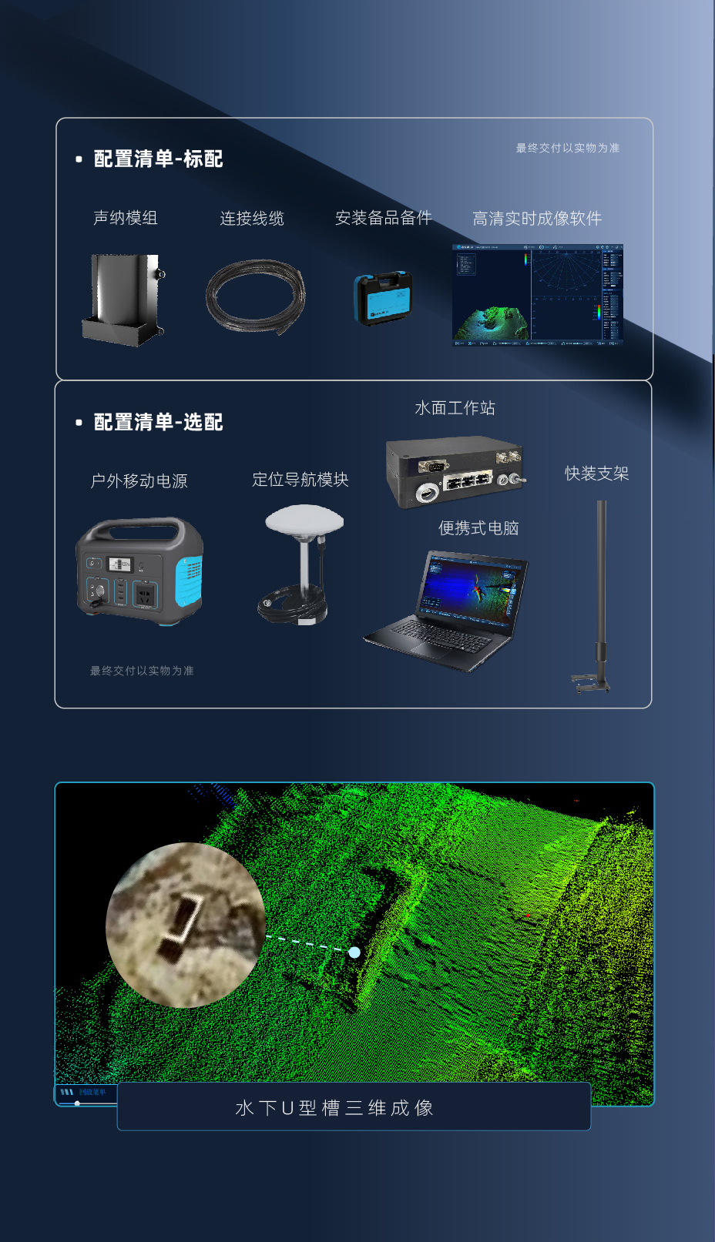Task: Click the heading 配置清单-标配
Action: pyautogui.click(x=158, y=159)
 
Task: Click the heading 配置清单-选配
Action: pyautogui.click(x=158, y=422)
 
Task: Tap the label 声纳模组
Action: pyautogui.click(x=125, y=218)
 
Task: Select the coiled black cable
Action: pyautogui.click(x=255, y=297)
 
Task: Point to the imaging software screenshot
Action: pyautogui.click(x=537, y=295)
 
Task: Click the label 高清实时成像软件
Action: pyautogui.click(x=536, y=219)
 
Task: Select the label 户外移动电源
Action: pyautogui.click(x=139, y=481)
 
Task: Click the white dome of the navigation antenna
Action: pyautogui.click(x=304, y=519)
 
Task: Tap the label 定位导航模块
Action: pyautogui.click(x=300, y=480)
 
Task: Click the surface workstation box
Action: pyautogui.click(x=455, y=471)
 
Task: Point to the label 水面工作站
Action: pyautogui.click(x=455, y=408)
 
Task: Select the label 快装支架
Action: pyautogui.click(x=596, y=474)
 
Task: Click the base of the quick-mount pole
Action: pyautogui.click(x=592, y=682)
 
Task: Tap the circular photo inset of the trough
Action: pyautogui.click(x=186, y=925)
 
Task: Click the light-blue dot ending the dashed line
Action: pyautogui.click(x=354, y=952)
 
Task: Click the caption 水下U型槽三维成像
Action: pyautogui.click(x=334, y=1108)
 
